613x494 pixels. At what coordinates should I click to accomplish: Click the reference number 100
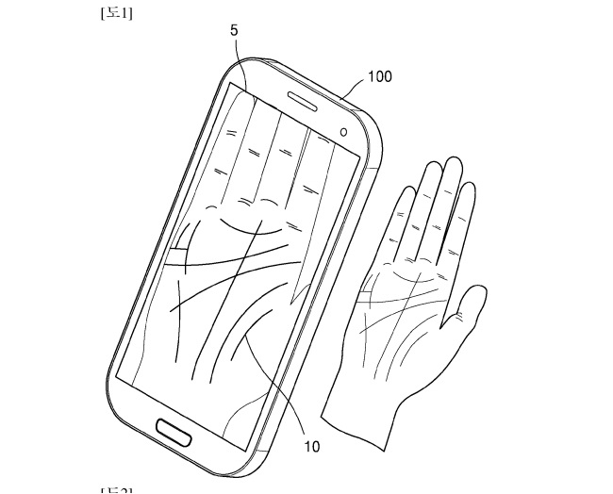coord(380,76)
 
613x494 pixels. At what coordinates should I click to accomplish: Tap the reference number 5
coord(233,32)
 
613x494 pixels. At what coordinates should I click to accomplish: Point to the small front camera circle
coord(343,129)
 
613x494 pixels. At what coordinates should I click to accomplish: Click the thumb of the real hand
coord(469,311)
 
